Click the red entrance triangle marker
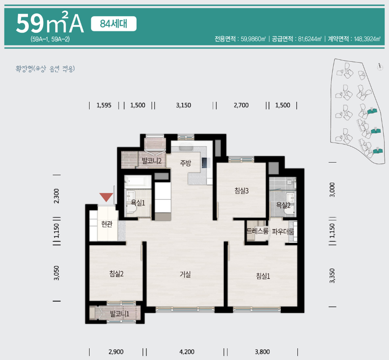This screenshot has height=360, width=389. pos(106,197)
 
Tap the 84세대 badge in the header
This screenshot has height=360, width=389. pos(114,24)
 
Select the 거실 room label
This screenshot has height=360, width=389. pos(185,274)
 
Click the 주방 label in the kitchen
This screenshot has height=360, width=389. pos(185,163)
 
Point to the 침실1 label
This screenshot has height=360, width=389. pos(263,276)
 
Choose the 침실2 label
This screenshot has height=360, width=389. pos(116,274)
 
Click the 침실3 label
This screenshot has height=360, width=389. pos(242,191)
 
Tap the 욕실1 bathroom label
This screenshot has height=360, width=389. pos(138,203)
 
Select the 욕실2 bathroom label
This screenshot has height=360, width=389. pos(283,205)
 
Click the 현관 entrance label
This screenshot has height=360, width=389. pos(107,224)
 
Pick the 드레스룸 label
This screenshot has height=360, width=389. pos(258,231)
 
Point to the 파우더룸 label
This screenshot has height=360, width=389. pos(283,232)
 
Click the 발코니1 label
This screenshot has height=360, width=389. pos(120,314)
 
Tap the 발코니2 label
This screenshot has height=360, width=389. pos(151,161)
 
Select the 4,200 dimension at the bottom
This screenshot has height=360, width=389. pos(187,352)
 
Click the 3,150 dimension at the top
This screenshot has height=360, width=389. pos(184,105)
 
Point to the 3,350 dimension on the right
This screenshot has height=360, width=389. pos(332,276)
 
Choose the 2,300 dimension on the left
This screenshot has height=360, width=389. pos(56,196)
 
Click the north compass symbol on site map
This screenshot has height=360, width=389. pos(380,67)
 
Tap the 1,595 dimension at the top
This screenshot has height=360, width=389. pos(104,105)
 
